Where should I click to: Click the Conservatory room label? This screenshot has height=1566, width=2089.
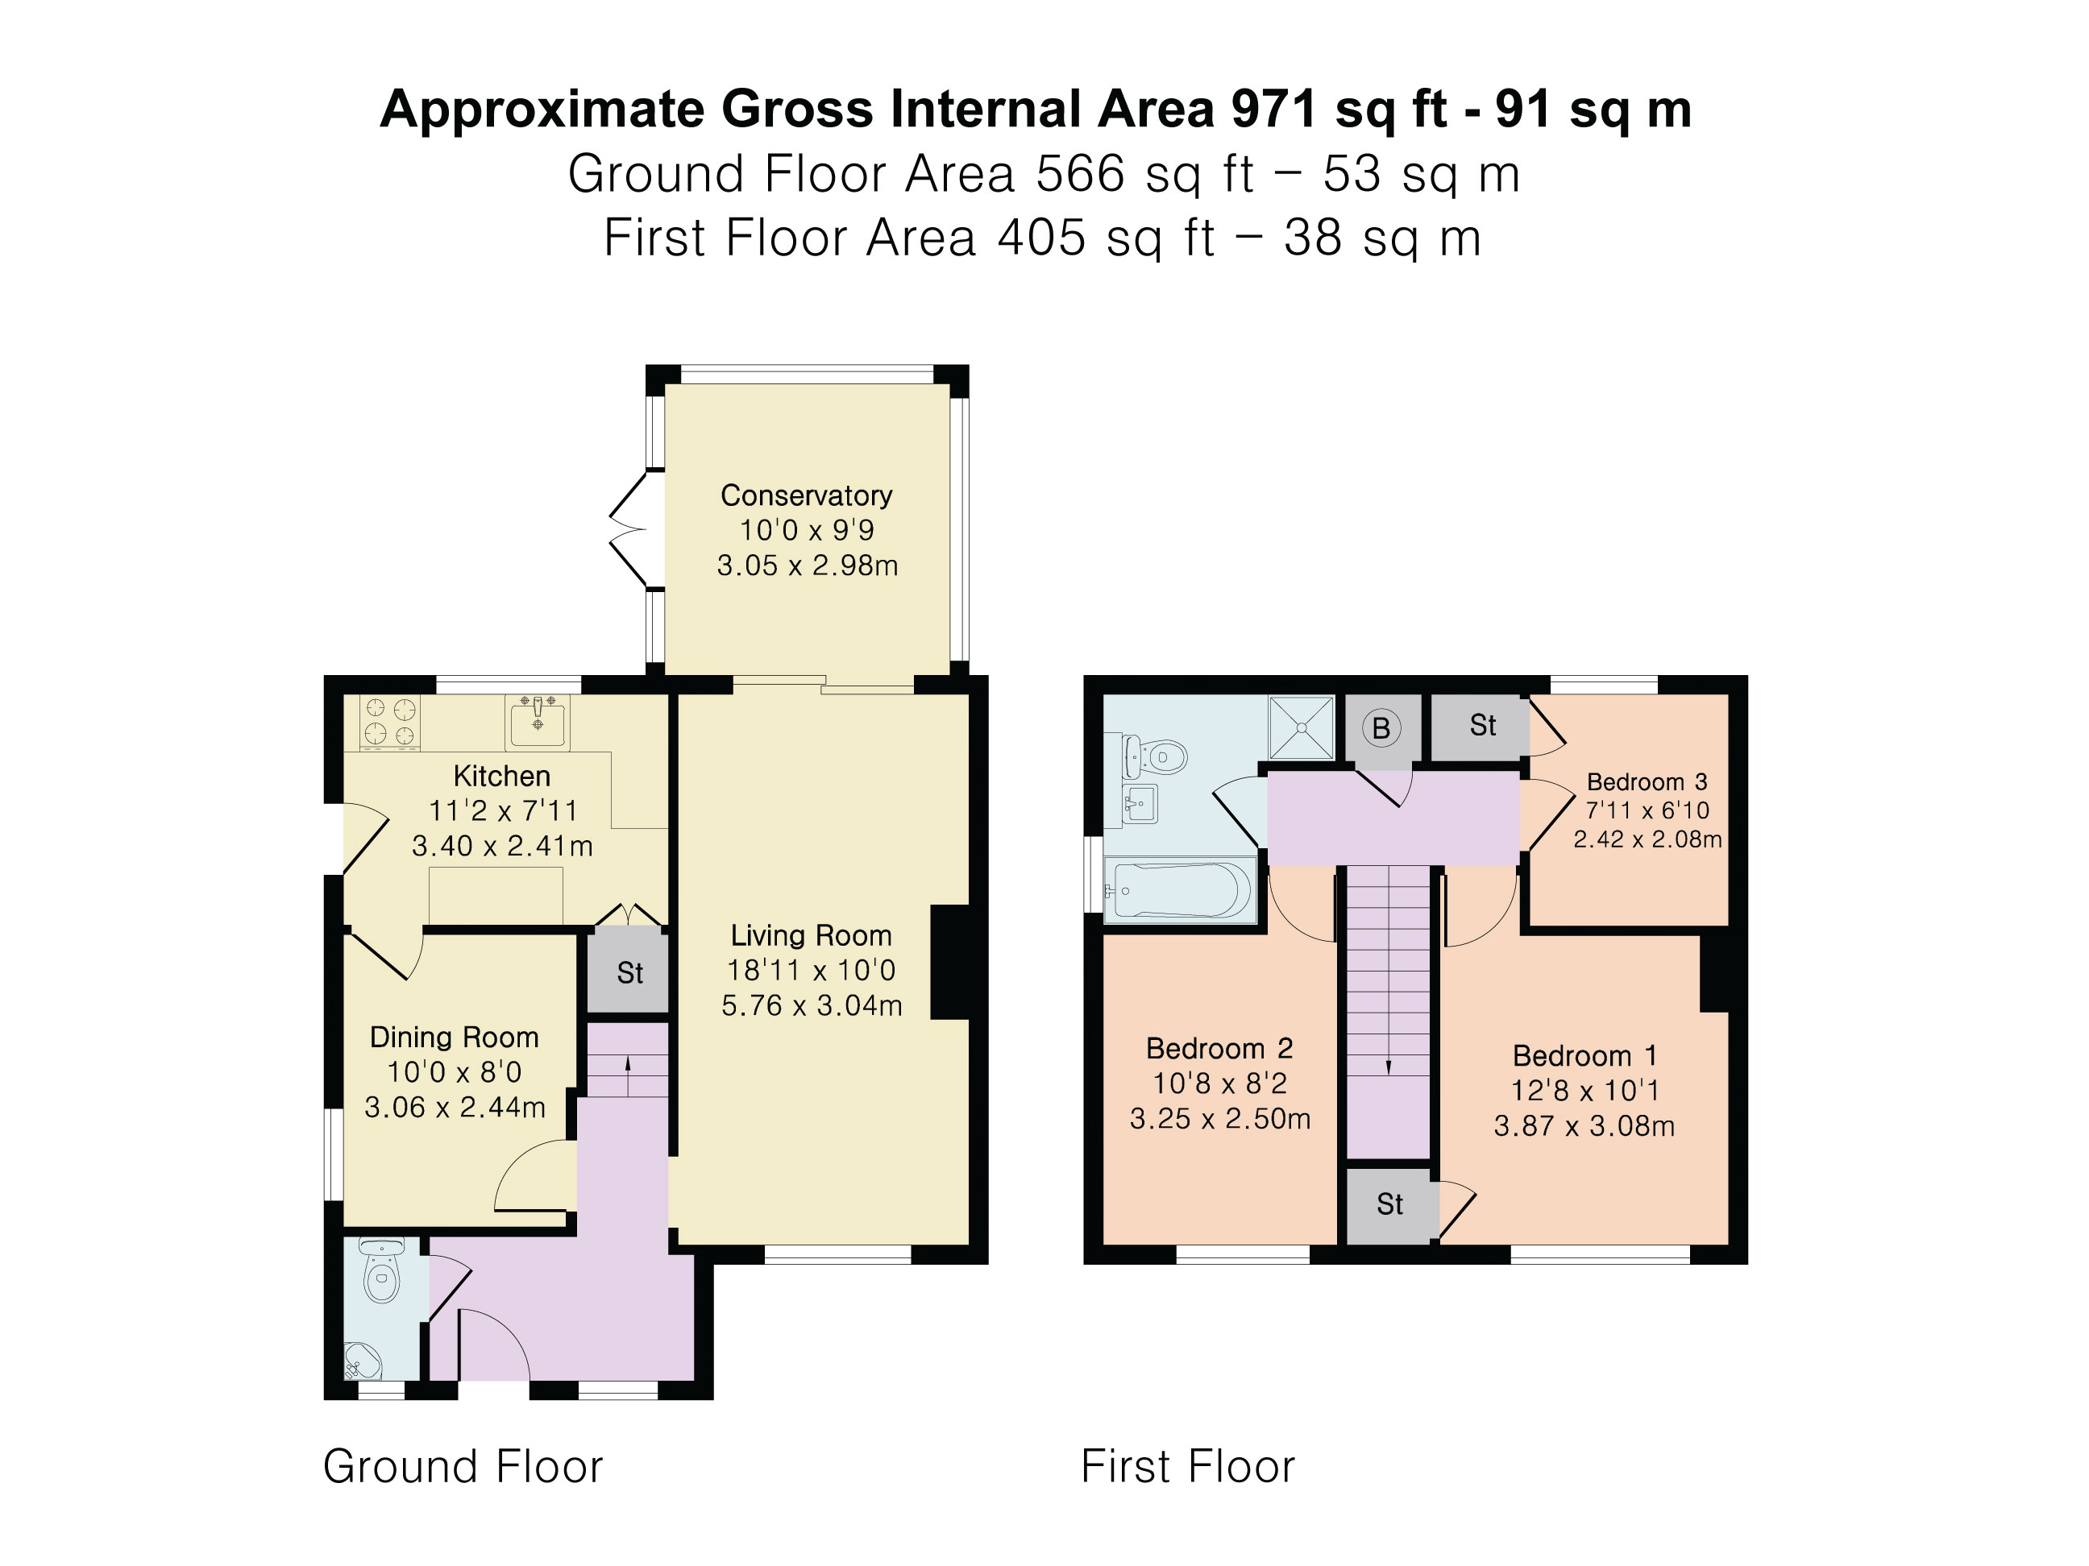point(806,495)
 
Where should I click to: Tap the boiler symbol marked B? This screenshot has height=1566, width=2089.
point(1381,727)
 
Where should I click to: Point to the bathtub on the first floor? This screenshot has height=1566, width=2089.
point(1181,890)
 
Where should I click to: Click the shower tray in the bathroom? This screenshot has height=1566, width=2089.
point(1302,727)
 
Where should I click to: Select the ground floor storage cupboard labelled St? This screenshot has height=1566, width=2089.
point(629,971)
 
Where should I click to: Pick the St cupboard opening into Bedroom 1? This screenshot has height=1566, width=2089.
point(1389,1204)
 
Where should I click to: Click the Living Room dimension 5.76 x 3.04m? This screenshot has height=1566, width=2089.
point(812,1005)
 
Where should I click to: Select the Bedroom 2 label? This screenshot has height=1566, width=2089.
point(1219,1048)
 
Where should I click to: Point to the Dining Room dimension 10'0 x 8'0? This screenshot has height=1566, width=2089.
point(455,1071)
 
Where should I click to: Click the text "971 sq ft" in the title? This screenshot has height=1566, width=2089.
point(1338,109)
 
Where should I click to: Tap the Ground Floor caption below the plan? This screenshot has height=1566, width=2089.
point(463,1466)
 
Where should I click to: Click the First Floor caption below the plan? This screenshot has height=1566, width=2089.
point(1187,1466)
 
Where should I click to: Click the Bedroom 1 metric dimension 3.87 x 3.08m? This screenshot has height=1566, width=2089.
point(1584,1126)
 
